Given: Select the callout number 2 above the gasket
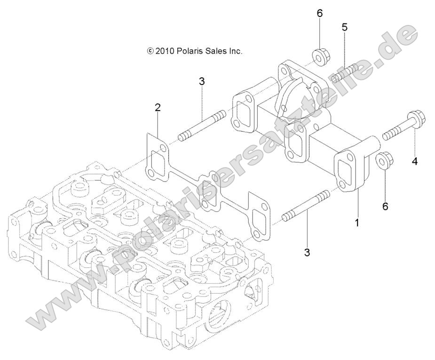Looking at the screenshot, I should coord(158,108).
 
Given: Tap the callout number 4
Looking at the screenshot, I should coord(414,161).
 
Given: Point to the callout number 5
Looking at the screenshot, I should coord(345,27).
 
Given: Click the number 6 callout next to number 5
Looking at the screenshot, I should coord(319,13).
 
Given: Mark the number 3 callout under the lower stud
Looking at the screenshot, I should coord(307,253).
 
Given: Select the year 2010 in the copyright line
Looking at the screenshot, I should coord(165,51).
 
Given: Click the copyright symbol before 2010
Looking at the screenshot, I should coord(150,51).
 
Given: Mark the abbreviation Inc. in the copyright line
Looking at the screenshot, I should coord(236,51).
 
